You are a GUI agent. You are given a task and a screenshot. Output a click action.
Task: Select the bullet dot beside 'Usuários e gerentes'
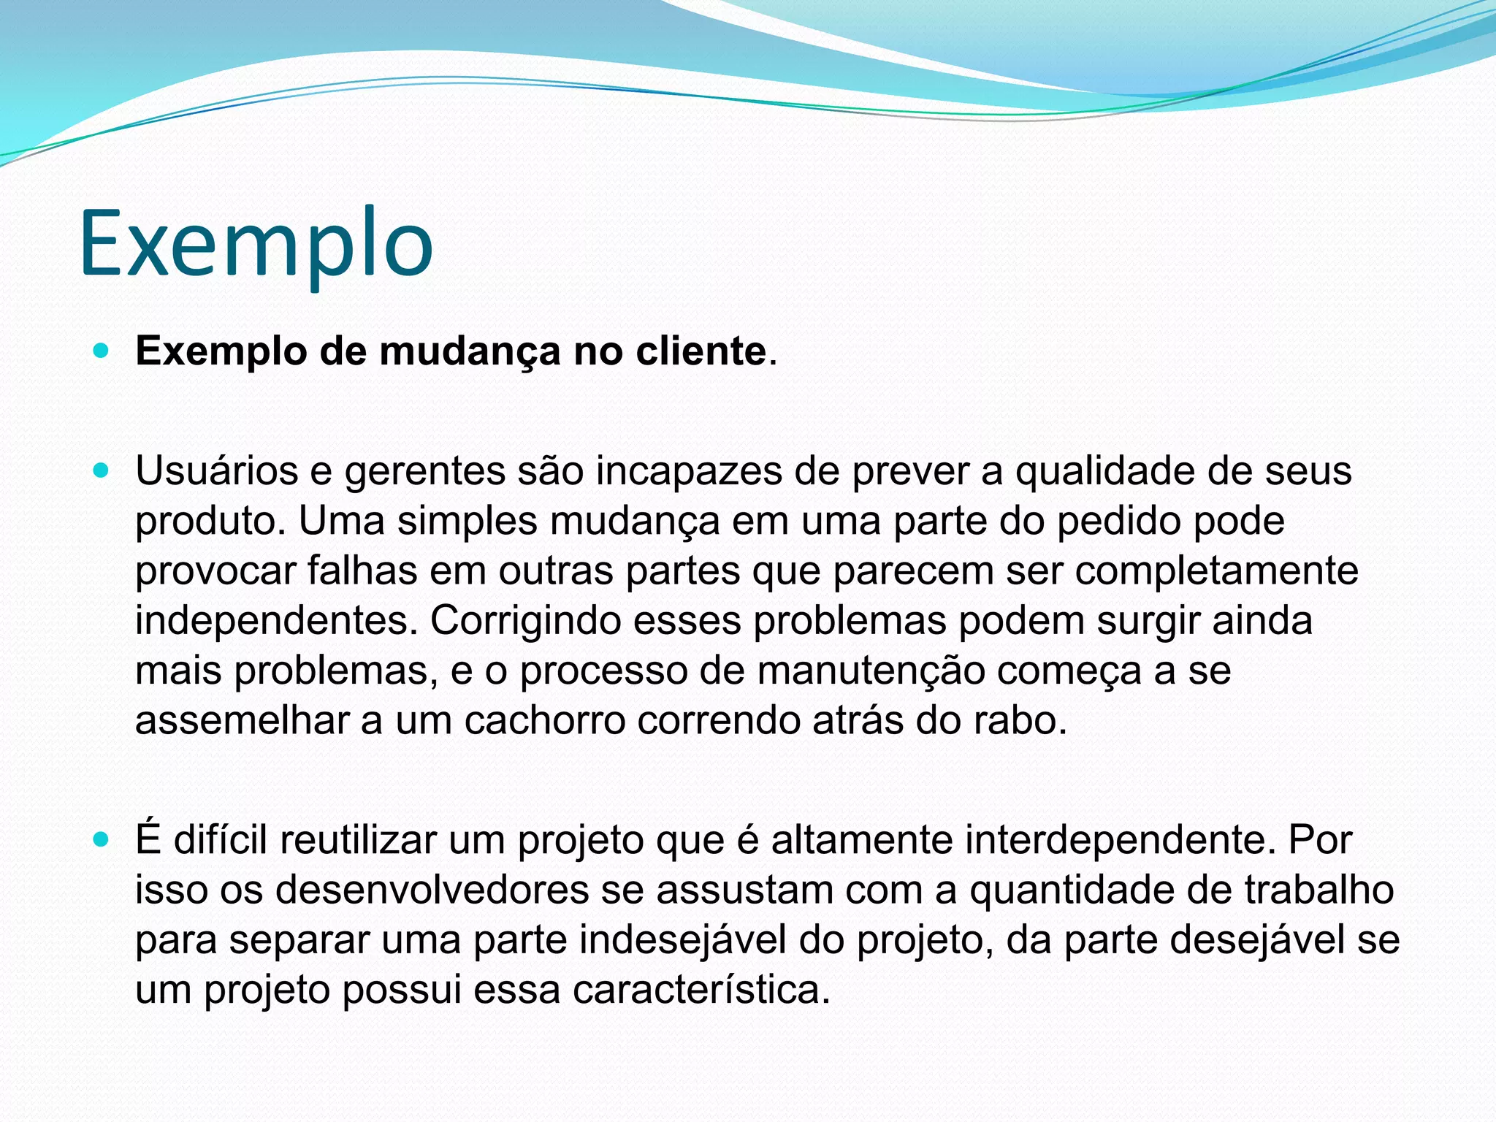tap(102, 471)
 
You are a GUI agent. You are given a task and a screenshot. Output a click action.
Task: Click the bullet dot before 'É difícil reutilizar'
tap(102, 841)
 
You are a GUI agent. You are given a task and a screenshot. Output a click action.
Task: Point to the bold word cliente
tap(701, 351)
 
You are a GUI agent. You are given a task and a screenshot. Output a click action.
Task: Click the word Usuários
tap(216, 471)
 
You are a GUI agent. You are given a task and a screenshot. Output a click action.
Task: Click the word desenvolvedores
tap(432, 890)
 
